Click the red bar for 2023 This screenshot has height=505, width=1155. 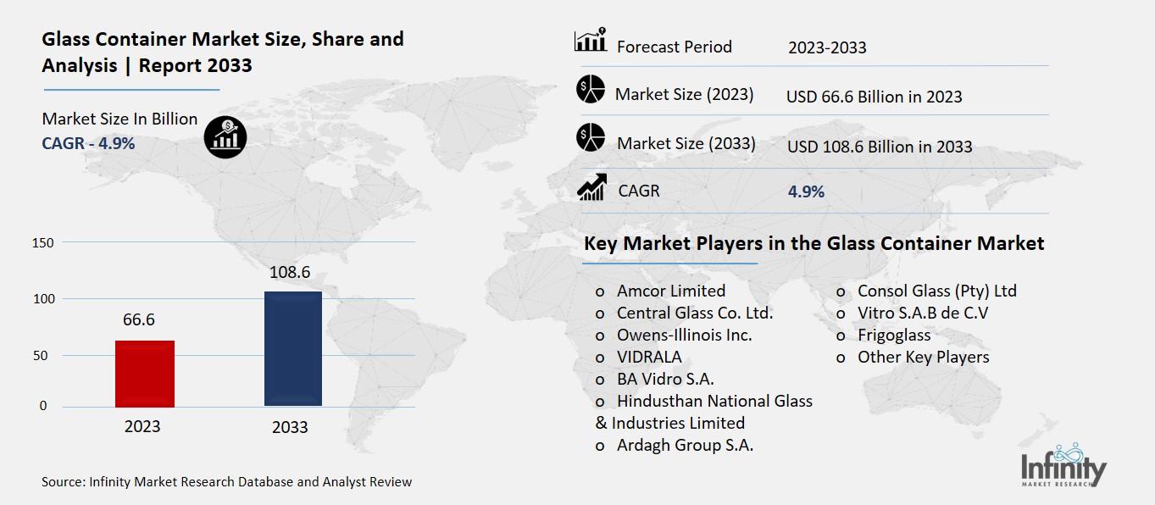pyautogui.click(x=144, y=373)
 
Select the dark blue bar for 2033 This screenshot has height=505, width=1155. pyautogui.click(x=293, y=348)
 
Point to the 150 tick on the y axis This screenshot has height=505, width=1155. pyautogui.click(x=43, y=243)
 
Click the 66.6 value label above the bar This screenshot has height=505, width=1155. pyautogui.click(x=138, y=319)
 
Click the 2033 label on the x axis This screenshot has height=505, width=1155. pyautogui.click(x=289, y=427)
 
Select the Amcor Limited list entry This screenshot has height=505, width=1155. pyautogui.click(x=670, y=291)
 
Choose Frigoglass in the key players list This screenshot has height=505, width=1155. pyautogui.click(x=893, y=335)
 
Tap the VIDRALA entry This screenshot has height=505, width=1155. pyautogui.click(x=648, y=357)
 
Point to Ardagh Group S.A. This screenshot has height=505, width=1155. pyautogui.click(x=685, y=445)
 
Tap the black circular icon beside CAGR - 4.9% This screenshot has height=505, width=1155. pyautogui.click(x=225, y=136)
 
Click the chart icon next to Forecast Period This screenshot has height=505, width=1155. pyautogui.click(x=590, y=41)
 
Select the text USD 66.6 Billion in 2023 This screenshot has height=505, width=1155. pyautogui.click(x=874, y=97)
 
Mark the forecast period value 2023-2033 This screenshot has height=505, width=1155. pyautogui.click(x=827, y=47)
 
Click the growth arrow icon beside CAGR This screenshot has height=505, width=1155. pyautogui.click(x=590, y=188)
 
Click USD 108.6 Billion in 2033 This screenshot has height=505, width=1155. pyautogui.click(x=879, y=147)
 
